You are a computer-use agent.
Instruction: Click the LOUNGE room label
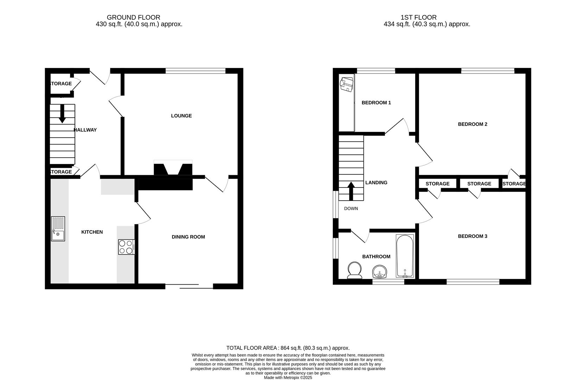tap(181, 116)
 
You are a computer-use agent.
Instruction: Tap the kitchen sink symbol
tap(58, 229)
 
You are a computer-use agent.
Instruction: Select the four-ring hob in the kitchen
tap(126, 247)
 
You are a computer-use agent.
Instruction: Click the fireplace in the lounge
tap(173, 168)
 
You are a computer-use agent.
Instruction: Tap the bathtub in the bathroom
tap(405, 256)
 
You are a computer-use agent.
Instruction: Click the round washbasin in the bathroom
tap(379, 272)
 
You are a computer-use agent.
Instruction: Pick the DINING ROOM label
tap(188, 237)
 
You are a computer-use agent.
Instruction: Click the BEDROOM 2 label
tap(472, 124)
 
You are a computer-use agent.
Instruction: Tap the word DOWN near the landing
tap(351, 209)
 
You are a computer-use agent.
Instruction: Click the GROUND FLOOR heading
tap(133, 17)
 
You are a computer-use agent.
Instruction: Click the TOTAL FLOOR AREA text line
tap(288, 348)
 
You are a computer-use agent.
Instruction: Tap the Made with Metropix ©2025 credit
tap(288, 378)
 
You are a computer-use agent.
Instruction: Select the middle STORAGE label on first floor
tap(479, 184)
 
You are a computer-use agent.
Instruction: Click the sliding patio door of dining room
tap(189, 286)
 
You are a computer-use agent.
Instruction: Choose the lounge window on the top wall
tap(195, 71)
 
